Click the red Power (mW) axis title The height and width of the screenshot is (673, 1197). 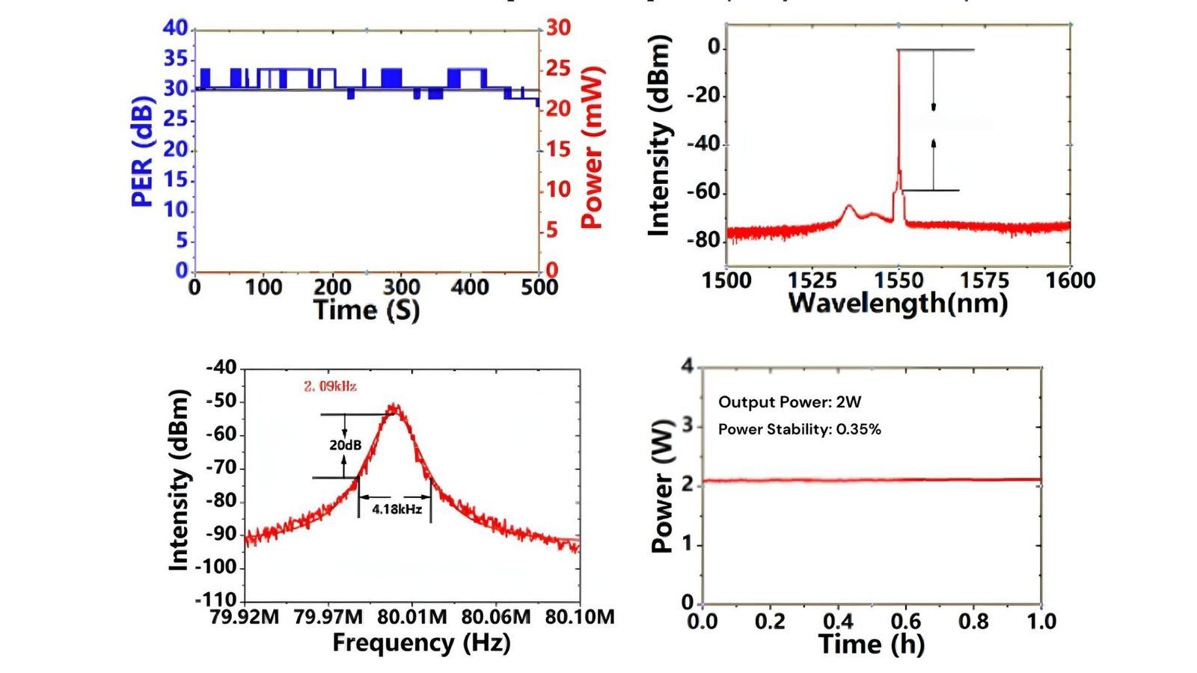[592, 148]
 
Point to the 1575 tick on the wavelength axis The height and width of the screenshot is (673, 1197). [985, 280]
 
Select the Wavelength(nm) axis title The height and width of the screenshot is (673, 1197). [898, 303]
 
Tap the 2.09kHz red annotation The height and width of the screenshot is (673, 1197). [330, 387]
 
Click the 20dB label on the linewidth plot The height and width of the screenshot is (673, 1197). [345, 446]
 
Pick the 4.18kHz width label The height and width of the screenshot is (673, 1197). [397, 509]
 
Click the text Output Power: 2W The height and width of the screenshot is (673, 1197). [789, 402]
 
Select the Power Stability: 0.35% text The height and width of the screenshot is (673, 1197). [799, 429]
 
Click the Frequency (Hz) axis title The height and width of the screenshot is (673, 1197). [421, 642]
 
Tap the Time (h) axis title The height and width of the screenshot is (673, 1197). [871, 644]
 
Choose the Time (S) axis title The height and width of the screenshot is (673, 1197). [366, 310]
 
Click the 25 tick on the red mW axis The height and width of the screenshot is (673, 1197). [558, 69]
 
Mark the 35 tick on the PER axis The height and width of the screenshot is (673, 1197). [176, 59]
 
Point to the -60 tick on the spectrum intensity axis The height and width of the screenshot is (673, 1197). [704, 192]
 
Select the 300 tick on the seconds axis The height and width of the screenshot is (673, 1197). [402, 287]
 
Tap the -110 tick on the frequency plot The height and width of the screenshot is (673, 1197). [215, 600]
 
